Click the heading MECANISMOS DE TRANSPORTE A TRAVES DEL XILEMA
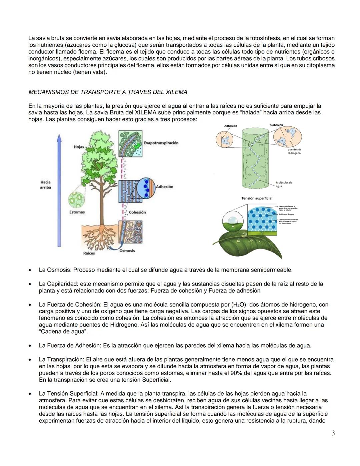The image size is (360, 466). pyautogui.click(x=108, y=92)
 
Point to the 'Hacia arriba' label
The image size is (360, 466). pyautogui.click(x=46, y=185)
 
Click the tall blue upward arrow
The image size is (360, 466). pyautogui.click(x=59, y=190)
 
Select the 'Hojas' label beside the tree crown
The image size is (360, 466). pyautogui.click(x=79, y=147)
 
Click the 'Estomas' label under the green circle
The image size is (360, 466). pyautogui.click(x=77, y=212)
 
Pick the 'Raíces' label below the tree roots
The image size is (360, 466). pyautogui.click(x=89, y=253)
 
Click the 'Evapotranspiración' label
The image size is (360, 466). pyautogui.click(x=161, y=143)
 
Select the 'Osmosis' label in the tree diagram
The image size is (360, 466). pyautogui.click(x=127, y=251)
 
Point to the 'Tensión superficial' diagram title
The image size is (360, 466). pyautogui.click(x=257, y=198)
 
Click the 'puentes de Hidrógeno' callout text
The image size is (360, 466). pyautogui.click(x=294, y=151)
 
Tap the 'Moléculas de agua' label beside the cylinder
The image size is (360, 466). pyautogui.click(x=284, y=184)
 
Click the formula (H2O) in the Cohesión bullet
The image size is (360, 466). pyautogui.click(x=238, y=305)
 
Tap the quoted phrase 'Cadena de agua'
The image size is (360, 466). pyautogui.click(x=63, y=332)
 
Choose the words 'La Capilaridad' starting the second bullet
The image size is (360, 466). pyautogui.click(x=56, y=284)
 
